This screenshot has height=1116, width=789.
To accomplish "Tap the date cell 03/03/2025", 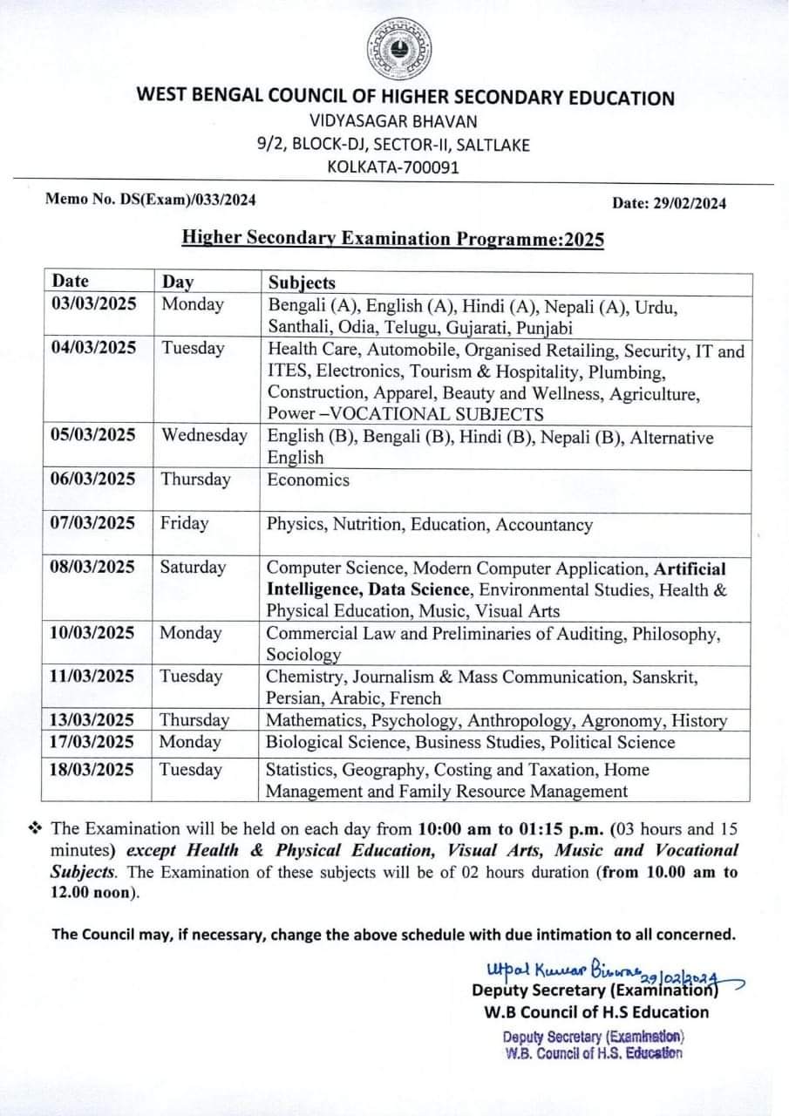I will pos(94,304).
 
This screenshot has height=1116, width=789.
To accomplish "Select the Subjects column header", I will pos(302,282).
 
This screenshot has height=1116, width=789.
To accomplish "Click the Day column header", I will pos(178,282).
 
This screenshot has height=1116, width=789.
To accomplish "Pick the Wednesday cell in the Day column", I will pos(203,435).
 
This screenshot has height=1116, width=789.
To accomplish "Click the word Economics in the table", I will pos(308,480).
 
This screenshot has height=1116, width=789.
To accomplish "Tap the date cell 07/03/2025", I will pos(94,523).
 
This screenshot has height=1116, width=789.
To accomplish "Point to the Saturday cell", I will pos(193,567).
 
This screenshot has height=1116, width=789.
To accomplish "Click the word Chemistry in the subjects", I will pos(304,677).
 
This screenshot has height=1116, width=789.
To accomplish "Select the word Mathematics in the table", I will pos(315,721).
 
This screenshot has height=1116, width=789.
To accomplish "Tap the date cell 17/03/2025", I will pos(94,743).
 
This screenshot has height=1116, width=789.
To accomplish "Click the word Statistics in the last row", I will pos(301,770).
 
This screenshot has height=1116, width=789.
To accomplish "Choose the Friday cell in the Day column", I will pos(184,523).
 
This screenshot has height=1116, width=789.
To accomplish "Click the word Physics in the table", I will pos(294,525).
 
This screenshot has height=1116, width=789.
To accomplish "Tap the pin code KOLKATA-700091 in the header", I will pos(392,167).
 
